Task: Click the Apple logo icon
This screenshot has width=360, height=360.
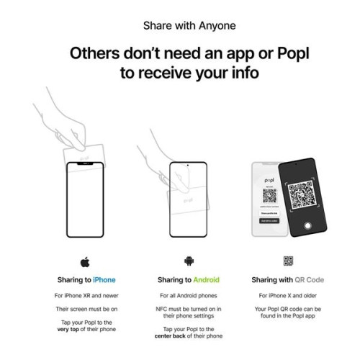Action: pyautogui.click(x=86, y=261)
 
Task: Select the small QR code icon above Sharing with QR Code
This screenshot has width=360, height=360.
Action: pyautogui.click(x=287, y=261)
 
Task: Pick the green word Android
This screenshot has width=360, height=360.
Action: pyautogui.click(x=205, y=279)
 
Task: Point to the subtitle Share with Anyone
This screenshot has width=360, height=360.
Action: pyautogui.click(x=179, y=26)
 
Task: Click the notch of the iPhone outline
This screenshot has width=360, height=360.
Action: pyautogui.click(x=86, y=164)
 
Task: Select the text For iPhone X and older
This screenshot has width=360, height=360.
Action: pyautogui.click(x=287, y=296)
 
